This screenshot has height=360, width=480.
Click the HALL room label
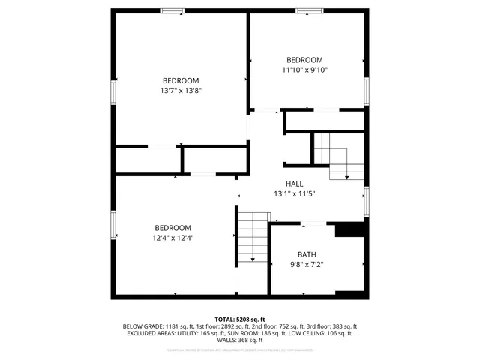pos(294,184)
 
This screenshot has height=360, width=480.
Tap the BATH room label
pos(307,254)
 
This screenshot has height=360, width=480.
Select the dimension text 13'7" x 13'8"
pos(181,90)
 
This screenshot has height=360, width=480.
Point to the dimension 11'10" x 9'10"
pos(304,70)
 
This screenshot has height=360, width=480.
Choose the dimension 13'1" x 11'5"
pos(294,193)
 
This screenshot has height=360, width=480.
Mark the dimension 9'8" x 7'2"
pos(307,264)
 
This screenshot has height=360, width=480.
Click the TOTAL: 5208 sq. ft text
pos(240,319)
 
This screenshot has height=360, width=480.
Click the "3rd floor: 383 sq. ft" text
pos(332,326)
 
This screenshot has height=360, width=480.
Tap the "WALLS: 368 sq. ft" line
pos(240,340)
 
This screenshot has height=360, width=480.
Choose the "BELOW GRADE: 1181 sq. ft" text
pos(154,326)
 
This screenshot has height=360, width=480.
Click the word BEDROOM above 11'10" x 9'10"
pos(304,60)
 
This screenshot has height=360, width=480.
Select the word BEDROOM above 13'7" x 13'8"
pos(181,80)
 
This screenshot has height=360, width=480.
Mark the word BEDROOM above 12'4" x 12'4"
pos(172,228)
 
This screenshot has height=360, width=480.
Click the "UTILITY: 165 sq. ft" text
pos(198,333)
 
